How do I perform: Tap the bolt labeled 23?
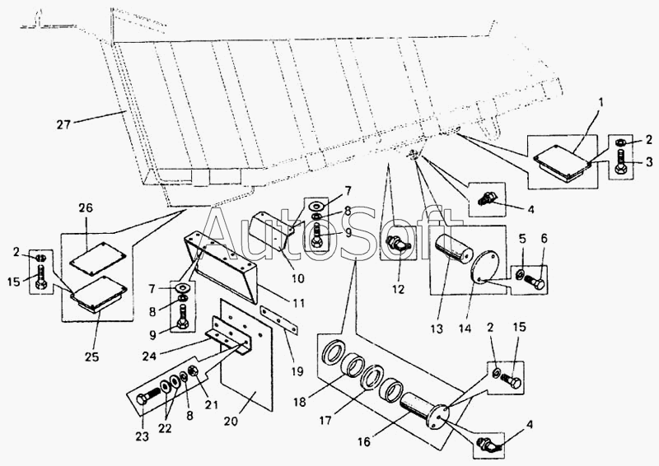(x=148, y=399)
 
